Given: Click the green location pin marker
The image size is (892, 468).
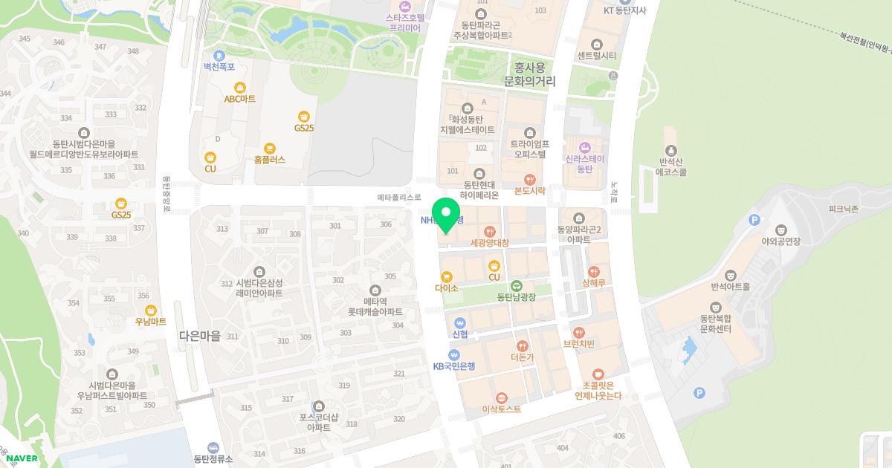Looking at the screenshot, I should (x=446, y=215).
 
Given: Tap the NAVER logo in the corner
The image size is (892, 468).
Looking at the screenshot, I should (x=22, y=458).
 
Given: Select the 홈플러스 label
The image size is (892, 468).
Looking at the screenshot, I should (x=269, y=160).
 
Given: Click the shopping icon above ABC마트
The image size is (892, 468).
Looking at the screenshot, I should (x=239, y=87).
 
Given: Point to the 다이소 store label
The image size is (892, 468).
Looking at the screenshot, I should (x=447, y=287).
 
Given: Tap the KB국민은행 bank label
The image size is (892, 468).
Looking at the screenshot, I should (x=453, y=366).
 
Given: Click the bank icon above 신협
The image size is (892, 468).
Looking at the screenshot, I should (x=459, y=323).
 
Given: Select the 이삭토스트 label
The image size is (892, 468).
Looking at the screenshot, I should (x=502, y=409).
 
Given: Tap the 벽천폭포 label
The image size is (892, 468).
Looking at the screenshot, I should (x=219, y=66).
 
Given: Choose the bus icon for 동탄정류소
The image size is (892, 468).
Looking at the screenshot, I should (x=213, y=447).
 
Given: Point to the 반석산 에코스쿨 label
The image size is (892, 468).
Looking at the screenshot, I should (x=671, y=166).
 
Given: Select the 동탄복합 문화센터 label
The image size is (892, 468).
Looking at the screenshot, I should (x=716, y=324).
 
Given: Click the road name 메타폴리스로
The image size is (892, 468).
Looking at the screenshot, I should (x=399, y=198).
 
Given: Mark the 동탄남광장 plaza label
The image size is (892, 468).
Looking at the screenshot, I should (x=516, y=297).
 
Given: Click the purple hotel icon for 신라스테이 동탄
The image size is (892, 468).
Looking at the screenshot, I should (x=584, y=147).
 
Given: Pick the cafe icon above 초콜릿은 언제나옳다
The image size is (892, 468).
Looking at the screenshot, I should (x=598, y=374).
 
